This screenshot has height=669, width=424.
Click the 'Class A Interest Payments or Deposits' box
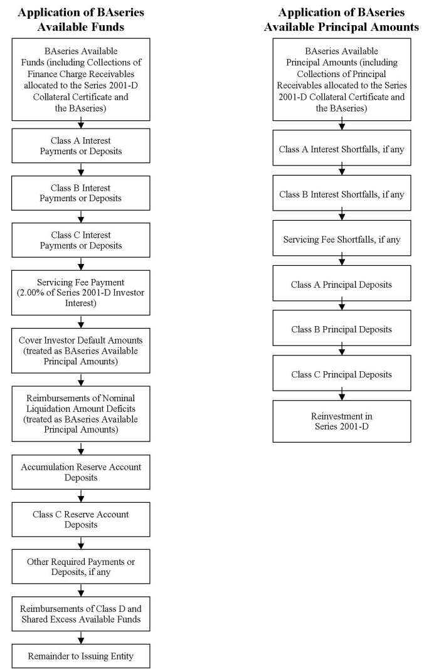[81, 146]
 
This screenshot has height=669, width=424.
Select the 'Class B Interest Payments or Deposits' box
[81, 193]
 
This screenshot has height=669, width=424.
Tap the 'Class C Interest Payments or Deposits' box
[81, 240]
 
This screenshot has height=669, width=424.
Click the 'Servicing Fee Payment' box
[81, 293]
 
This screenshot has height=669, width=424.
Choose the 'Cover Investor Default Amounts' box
[81, 350]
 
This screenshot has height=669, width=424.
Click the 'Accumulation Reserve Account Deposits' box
[81, 472]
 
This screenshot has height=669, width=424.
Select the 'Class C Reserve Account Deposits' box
[81, 519]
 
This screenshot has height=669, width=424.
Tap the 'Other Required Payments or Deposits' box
[81, 567]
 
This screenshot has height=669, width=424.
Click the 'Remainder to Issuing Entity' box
[81, 656]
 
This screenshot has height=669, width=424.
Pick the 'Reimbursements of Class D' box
[81, 614]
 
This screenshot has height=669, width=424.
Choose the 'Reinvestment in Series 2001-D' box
[342, 421]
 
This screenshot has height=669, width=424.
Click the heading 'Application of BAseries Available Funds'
[81, 19]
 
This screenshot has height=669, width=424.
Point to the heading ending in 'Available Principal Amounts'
[342, 19]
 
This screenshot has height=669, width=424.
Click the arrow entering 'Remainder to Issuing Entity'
[81, 638]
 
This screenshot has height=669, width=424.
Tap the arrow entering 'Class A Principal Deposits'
[342, 261]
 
